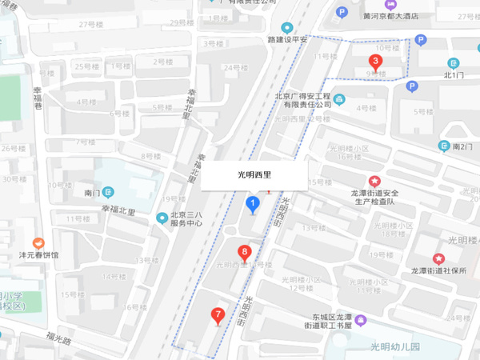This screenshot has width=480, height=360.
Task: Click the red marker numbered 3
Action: pos(374,62)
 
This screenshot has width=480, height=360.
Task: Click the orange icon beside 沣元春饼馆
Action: pos(37,243)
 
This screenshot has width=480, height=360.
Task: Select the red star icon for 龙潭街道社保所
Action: pos(438,258)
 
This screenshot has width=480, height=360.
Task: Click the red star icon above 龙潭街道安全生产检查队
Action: pos(374,181)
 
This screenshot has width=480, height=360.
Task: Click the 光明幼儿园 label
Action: pos(394,346)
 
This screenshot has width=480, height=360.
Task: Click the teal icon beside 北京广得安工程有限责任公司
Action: pos(339,100)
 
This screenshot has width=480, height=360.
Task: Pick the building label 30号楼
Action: pos(9,178)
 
